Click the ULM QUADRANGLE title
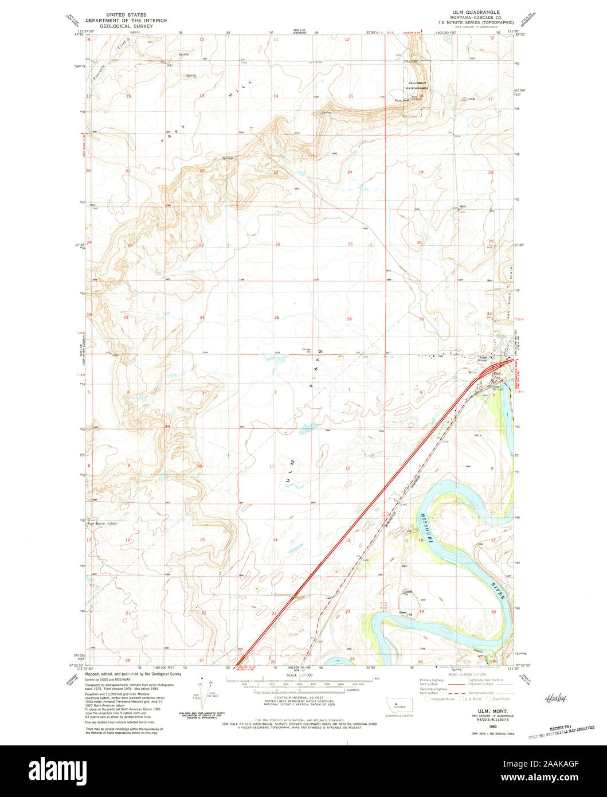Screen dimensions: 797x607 click(475, 12)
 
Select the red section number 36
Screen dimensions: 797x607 click(349, 319)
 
